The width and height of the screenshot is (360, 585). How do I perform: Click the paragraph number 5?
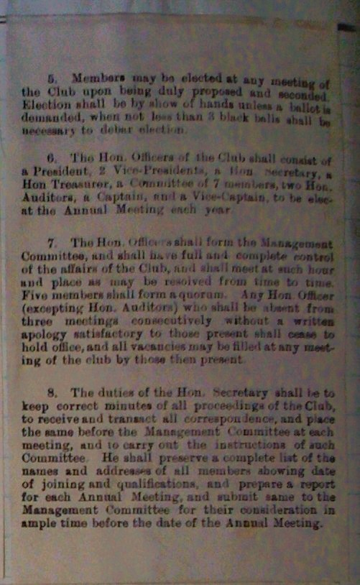51,75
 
